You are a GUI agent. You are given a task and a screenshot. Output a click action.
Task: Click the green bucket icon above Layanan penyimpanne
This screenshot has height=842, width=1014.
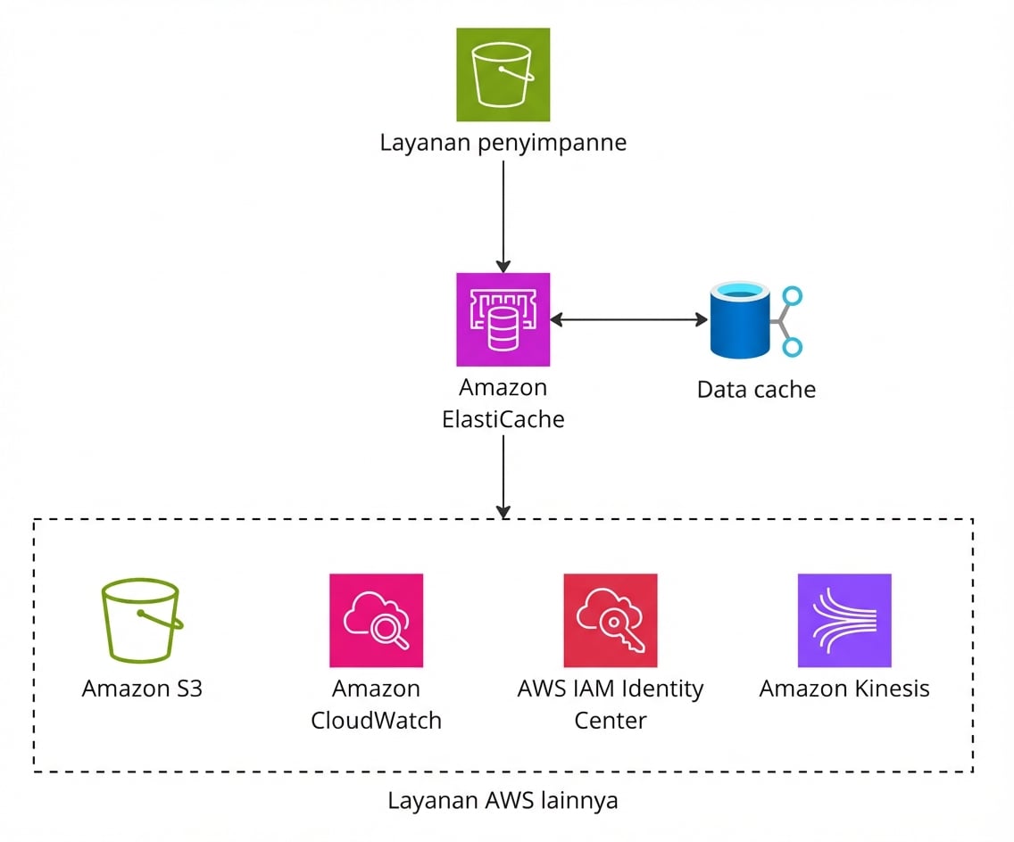[503, 74]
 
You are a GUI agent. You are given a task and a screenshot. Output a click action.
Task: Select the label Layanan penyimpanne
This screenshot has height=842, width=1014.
[503, 143]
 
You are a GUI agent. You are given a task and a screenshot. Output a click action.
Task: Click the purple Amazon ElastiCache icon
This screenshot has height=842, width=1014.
[503, 319]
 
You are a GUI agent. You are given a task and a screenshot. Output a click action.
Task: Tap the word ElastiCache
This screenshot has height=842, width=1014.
[503, 419]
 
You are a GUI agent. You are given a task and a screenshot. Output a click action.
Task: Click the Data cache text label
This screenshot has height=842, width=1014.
[755, 390]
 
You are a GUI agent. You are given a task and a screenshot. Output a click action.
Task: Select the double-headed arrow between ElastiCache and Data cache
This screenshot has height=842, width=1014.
[628, 319]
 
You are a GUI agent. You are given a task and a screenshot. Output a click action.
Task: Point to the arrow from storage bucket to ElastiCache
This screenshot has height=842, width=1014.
[503, 214]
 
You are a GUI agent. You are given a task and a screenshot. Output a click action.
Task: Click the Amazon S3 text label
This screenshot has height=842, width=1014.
[142, 689]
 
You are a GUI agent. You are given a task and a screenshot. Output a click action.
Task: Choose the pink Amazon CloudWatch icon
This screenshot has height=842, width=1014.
[376, 620]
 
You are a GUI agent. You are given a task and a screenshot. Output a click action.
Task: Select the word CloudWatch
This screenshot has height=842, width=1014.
[376, 721]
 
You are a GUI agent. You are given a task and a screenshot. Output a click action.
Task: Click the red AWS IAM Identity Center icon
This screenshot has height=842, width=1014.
[610, 620]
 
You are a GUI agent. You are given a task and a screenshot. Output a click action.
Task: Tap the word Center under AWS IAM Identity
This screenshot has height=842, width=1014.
[610, 721]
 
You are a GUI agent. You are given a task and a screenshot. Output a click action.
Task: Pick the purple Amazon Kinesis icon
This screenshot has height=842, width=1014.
[844, 620]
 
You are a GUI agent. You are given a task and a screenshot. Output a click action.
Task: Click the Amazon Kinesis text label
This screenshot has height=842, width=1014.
[844, 689]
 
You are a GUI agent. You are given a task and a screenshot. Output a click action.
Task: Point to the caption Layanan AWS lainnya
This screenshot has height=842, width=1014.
[503, 800]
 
